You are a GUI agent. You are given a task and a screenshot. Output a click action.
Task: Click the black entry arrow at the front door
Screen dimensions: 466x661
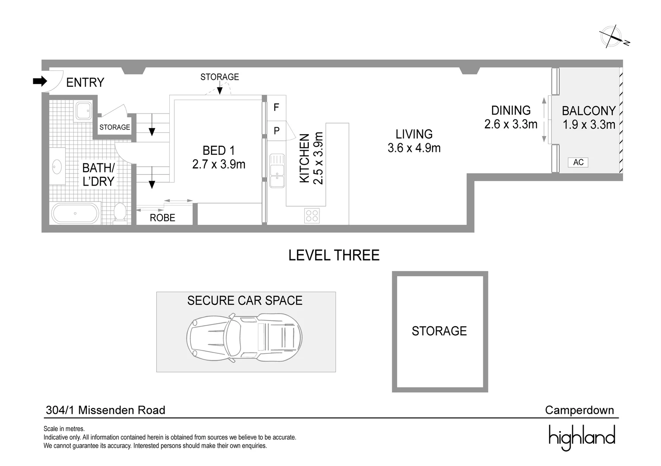click(x=40, y=81)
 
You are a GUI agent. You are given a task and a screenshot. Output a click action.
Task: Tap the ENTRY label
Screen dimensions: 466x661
click(x=85, y=82)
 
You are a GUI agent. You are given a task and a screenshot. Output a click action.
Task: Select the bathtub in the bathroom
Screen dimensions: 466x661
click(x=75, y=213)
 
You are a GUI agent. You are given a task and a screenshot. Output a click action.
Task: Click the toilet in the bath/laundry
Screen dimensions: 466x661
click(x=120, y=212)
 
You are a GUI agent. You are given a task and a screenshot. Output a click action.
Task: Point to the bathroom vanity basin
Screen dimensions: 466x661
click(x=57, y=166)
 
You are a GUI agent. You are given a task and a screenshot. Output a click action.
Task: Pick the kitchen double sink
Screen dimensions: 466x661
click(x=276, y=170)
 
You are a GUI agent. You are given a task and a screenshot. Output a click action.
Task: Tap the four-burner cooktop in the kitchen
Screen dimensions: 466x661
click(x=312, y=215)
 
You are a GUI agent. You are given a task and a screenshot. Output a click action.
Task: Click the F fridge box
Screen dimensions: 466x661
click(x=276, y=107)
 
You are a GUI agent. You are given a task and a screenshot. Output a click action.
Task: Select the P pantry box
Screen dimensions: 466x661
click(x=276, y=131)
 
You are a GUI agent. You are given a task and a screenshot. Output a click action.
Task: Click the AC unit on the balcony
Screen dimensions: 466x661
click(x=578, y=162)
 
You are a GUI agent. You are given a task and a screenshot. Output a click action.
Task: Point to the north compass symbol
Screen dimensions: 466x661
click(x=612, y=37)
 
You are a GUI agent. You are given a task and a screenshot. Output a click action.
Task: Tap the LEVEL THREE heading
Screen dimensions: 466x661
click(x=334, y=255)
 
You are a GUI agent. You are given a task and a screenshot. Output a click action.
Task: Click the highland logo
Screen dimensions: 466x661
click(x=582, y=437)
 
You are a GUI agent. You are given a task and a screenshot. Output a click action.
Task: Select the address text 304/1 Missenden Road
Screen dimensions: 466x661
click(x=105, y=410)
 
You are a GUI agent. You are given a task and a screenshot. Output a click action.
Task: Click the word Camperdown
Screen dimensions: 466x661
click(x=579, y=410)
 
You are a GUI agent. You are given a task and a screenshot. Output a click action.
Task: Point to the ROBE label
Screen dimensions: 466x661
click(x=162, y=218)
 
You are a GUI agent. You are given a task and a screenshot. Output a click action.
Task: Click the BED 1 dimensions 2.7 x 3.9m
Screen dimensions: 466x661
click(x=219, y=164)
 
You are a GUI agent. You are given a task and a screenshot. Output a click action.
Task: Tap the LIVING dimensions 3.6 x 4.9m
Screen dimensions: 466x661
click(x=414, y=148)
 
